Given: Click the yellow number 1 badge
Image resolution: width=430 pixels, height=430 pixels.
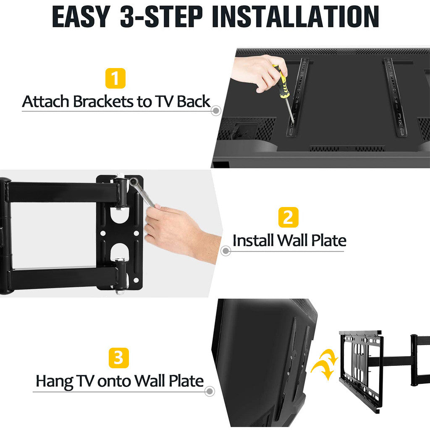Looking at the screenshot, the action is point(115,78).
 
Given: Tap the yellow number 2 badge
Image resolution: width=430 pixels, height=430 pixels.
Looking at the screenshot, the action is point(288,217).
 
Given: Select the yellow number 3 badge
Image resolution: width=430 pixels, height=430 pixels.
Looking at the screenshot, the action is point(119,358).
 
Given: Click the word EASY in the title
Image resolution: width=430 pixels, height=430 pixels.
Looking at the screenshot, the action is point(81,16).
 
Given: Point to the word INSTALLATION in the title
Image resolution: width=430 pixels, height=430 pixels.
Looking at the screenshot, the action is point(295,16).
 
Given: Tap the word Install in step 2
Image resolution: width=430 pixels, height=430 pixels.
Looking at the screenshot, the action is point(253,241).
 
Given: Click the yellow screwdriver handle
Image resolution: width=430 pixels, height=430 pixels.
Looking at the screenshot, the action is point(281,82).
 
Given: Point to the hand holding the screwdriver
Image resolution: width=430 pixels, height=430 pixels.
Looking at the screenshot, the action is point(259,72).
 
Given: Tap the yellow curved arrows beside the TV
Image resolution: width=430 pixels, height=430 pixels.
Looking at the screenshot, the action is point(324,364).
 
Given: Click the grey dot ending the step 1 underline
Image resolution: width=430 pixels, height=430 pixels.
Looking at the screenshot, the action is point(216,111).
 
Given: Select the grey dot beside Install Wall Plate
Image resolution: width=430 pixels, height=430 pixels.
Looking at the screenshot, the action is point(225,251).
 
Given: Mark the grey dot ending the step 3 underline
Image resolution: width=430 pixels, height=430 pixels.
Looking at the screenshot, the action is point(210,391).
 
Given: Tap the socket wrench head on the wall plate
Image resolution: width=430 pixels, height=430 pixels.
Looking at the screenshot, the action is point(134,182).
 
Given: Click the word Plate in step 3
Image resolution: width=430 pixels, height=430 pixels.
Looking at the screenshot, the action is point(186,381).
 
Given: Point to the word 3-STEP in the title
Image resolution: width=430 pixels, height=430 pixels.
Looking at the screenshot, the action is point(161,16).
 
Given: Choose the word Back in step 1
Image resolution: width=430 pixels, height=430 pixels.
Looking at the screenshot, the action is point(193,102).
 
